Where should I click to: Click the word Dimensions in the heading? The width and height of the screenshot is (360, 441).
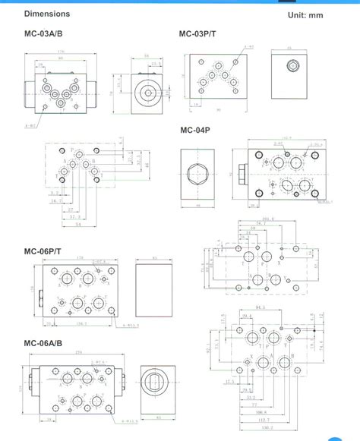point(46,14)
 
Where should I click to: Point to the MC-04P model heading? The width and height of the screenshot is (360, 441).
point(196,129)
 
